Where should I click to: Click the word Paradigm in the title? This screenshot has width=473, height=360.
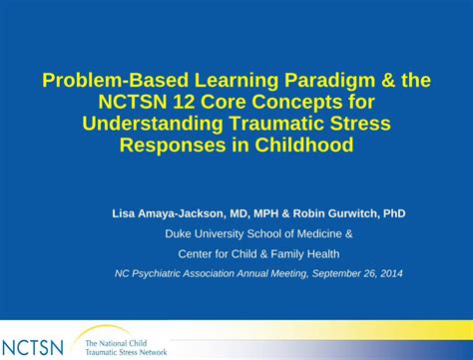coord(329,81)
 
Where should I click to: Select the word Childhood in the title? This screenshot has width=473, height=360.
coord(304,145)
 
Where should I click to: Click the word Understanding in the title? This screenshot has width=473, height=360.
coord(153,124)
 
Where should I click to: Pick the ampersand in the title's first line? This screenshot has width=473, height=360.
coord(388,81)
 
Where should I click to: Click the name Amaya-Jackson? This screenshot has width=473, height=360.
coord(181,213)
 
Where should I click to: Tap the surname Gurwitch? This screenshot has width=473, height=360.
coord(352,213)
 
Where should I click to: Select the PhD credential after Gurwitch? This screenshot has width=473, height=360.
coord(394,213)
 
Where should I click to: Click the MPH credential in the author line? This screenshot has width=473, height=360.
coord(266,213)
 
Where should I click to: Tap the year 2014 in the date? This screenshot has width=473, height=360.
coord(391,273)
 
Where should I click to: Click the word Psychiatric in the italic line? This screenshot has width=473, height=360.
coord(156,273)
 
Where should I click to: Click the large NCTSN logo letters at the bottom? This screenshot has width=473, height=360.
coord(32,348)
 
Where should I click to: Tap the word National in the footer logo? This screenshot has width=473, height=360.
coord(112,343)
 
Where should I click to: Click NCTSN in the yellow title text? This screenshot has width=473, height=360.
coord(133,102)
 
